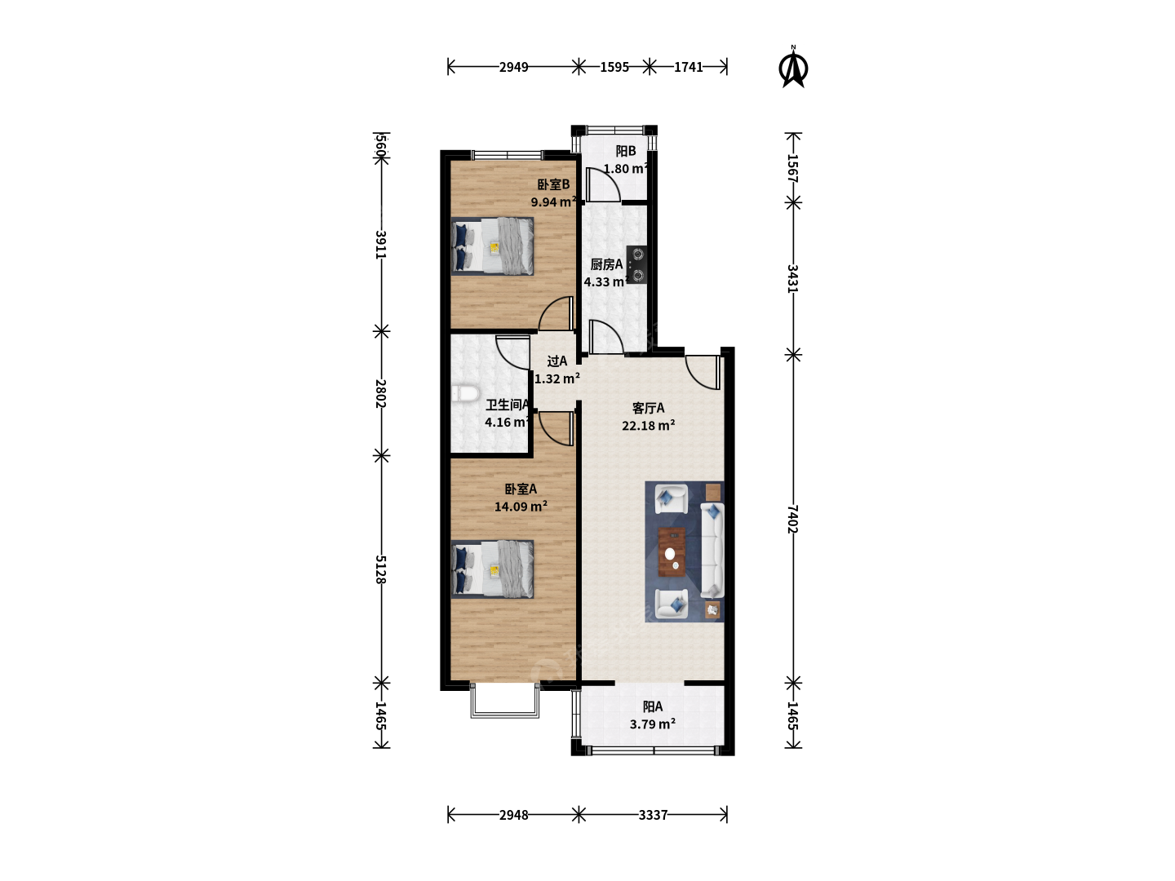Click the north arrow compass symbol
point(793,67)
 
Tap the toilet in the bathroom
point(464,394)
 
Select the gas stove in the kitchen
point(637,264)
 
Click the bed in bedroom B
point(493,246)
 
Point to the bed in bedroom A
point(493,569)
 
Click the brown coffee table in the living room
point(672,552)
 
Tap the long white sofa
point(712,550)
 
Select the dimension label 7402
point(793,519)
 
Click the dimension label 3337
point(653,815)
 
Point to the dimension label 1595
point(614,67)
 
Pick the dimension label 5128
point(380,569)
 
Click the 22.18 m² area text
point(648,426)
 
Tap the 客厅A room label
point(648,408)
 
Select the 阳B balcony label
point(626,151)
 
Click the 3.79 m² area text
point(653,724)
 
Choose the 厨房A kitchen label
point(606,264)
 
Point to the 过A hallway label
point(557,361)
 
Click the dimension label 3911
point(380,245)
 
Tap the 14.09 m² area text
point(521,507)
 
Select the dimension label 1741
point(688,67)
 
